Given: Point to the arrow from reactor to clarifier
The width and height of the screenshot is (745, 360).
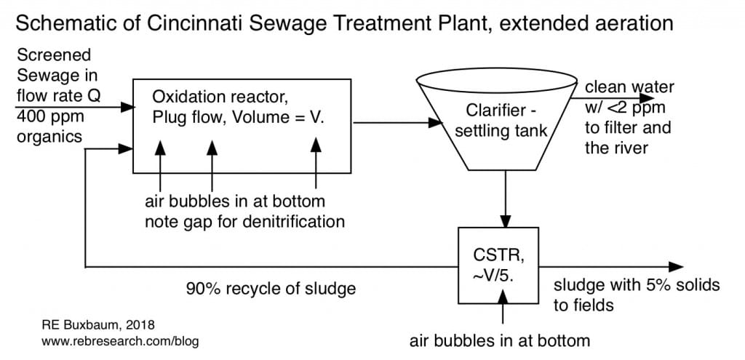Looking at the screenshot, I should pyautogui.click(x=394, y=123).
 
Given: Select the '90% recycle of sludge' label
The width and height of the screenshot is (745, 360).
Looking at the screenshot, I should pyautogui.click(x=270, y=289).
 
